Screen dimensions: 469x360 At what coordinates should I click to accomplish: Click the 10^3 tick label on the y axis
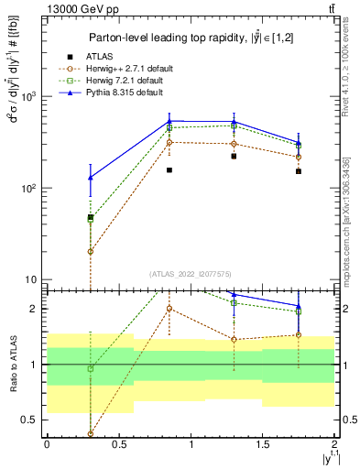point(29,96)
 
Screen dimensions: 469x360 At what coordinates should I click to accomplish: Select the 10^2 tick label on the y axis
point(29,188)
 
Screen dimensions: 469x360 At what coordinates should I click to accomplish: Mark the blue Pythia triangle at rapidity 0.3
point(90,178)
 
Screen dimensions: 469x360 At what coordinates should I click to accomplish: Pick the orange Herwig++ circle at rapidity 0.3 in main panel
point(90,251)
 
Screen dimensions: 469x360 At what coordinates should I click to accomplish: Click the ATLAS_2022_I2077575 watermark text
point(190,274)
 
